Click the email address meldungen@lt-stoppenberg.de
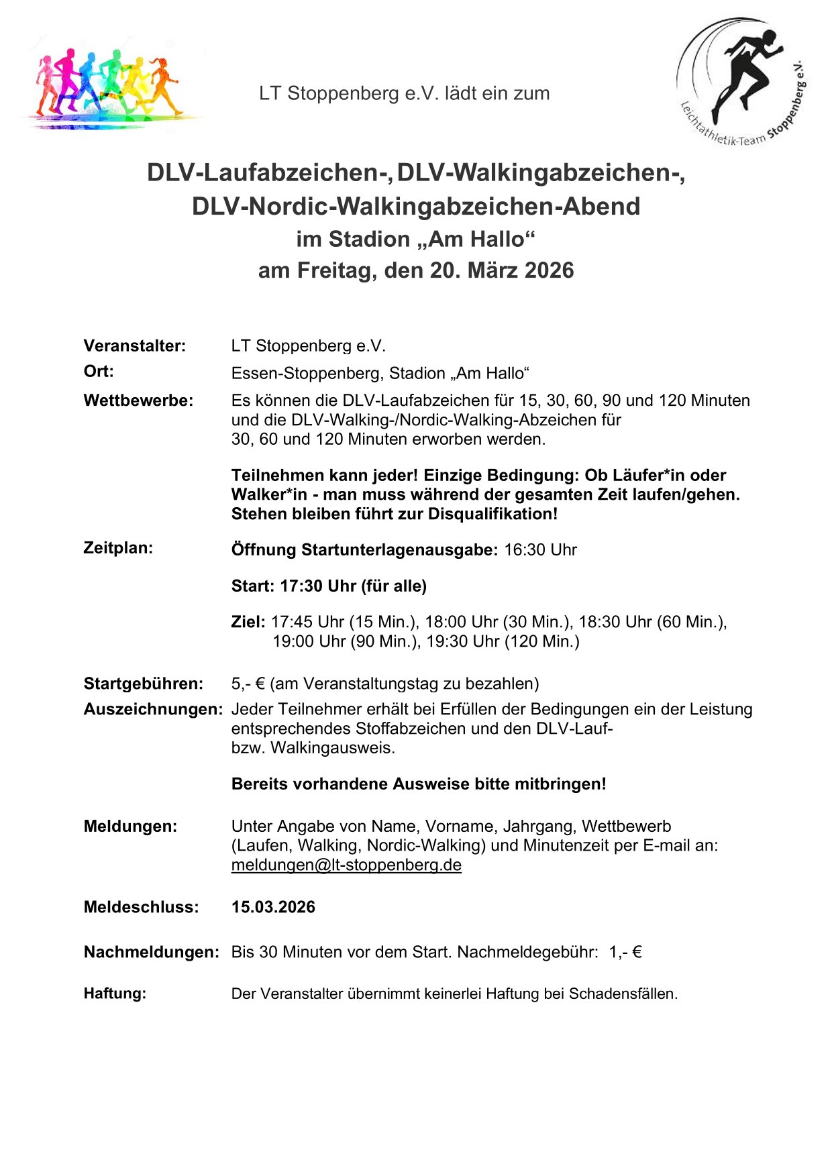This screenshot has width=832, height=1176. [346, 865]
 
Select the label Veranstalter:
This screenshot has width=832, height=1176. [134, 346]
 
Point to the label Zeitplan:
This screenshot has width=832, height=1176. [118, 548]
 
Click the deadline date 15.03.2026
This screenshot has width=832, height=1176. [273, 908]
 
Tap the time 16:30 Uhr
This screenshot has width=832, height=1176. [540, 550]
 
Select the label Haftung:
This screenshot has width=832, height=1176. [115, 994]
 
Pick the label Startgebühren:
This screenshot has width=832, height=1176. [143, 684]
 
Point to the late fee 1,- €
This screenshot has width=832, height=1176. [625, 952]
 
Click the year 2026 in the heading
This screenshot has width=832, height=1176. [549, 270]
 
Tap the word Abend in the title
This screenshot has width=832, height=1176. [601, 207]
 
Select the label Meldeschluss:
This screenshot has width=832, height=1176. [141, 908]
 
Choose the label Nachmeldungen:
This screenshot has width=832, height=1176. [151, 952]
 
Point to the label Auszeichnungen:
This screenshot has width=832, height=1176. [153, 710]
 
